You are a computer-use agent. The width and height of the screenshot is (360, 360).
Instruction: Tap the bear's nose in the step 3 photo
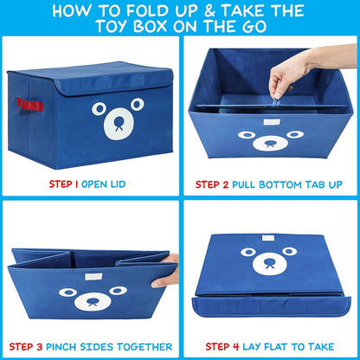[91, 302]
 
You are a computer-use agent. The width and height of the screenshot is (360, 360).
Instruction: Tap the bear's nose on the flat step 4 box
[270, 264]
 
